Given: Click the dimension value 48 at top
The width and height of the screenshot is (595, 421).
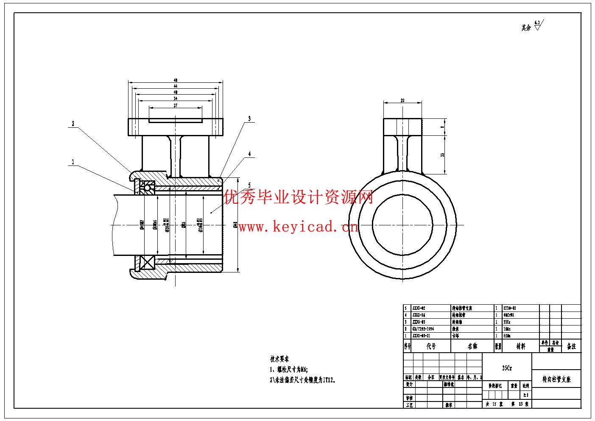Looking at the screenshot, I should point(175,80).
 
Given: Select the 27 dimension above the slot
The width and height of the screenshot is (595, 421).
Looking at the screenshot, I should point(175,105).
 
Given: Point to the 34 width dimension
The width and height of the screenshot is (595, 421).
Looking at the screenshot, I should point(175,98).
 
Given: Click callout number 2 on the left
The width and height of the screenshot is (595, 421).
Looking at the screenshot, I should point(73,123).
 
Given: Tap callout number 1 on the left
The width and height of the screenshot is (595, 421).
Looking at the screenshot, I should point(73,162).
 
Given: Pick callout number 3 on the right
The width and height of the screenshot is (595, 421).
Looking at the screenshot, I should point(249,118).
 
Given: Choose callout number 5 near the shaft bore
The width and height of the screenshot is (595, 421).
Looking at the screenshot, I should point(249,185).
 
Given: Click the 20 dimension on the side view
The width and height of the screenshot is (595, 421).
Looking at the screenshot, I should point(402,101).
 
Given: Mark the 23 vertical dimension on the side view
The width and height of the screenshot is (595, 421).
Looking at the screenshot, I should point(443,154).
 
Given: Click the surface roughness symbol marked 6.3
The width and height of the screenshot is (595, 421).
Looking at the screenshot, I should point(538,25).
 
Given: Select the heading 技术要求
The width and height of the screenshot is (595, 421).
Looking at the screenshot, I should point(279,359).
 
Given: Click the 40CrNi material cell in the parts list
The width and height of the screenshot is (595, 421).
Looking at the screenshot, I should point(509,315).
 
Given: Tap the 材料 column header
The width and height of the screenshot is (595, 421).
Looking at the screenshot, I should point(521,346).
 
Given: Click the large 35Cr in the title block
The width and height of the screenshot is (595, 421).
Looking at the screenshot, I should point(507,368).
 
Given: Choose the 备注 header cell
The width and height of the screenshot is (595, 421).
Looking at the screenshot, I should point(571,346).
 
